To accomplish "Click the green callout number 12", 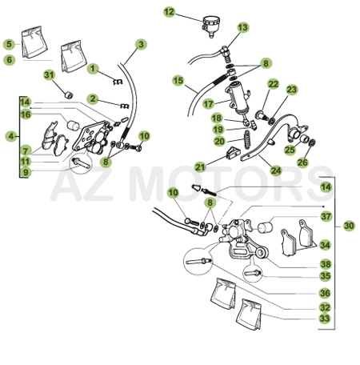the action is point(169,12).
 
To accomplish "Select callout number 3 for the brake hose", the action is point(141,44).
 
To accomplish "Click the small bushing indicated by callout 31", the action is point(69,94).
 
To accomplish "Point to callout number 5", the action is point(10,44).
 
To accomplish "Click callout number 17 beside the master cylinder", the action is point(208,104).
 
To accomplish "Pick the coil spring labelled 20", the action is point(247,139).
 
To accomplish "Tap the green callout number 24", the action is point(276,170).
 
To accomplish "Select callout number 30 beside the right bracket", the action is point(349,226).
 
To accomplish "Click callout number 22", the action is point(274,84).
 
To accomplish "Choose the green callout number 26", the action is point(302,162).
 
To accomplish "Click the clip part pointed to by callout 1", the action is point(118,82).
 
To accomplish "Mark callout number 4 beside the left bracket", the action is point(11,136).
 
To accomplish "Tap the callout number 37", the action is point(326,216).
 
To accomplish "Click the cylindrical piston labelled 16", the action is point(73,125).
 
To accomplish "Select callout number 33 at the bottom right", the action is point(325,318).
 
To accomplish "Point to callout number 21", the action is point(200,167).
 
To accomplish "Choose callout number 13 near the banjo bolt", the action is point(243,27).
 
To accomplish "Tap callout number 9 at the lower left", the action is point(26,172).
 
